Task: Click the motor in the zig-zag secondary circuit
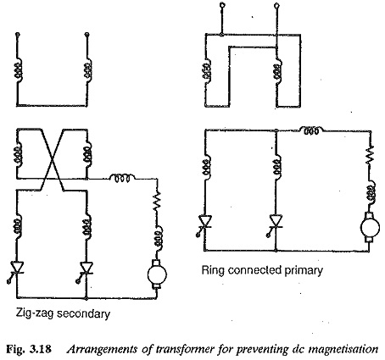[x=157, y=274]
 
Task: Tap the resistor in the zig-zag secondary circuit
[x=157, y=201]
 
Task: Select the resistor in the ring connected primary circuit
[x=371, y=155]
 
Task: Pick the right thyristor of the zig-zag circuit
[x=86, y=269]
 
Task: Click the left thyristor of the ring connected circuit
[x=204, y=223]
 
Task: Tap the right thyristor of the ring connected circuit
[x=276, y=223]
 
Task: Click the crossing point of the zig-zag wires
[x=52, y=159]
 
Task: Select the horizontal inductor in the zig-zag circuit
[x=122, y=178]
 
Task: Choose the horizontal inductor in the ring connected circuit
[x=312, y=130]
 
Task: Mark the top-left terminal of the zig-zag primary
[x=18, y=35]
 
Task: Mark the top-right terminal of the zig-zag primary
[x=87, y=35]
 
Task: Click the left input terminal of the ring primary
[x=223, y=5]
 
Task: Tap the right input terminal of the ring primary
[x=277, y=5]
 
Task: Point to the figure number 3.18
[x=41, y=349]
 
